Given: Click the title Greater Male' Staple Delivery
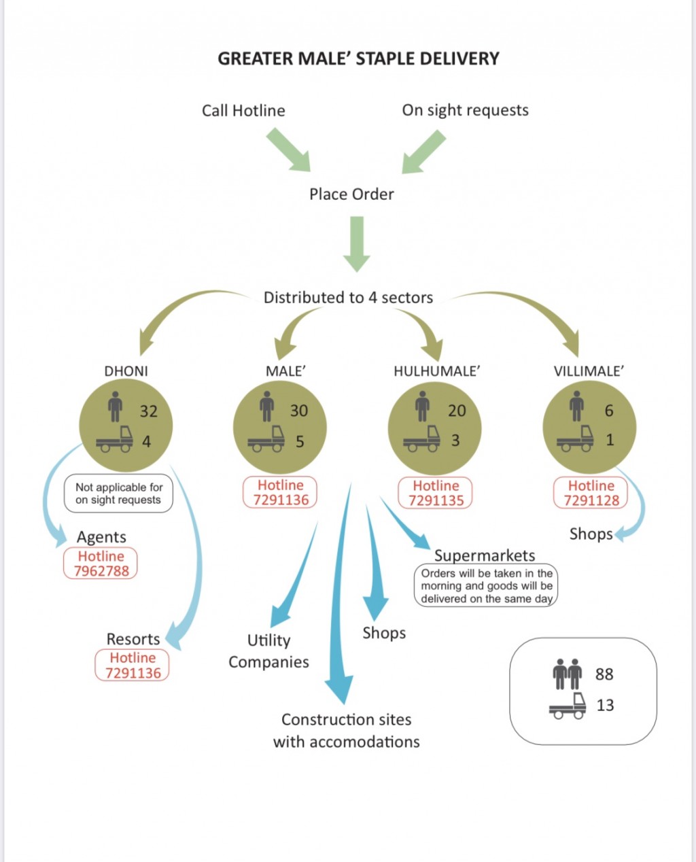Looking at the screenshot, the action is coord(358,58).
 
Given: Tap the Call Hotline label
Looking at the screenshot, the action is coord(243,111).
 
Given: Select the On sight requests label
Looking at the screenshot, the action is coord(466,111).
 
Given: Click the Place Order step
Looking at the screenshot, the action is coord(351,194).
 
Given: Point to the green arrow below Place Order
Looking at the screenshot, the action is coord(357,245).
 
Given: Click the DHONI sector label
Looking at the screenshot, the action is coord(126,371).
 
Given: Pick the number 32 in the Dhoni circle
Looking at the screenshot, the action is coord(148,411).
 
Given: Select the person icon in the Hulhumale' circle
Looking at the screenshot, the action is coord(423,407).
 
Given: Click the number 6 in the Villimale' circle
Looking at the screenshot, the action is coord(609,411).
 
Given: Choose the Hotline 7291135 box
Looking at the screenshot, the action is coord(436,493).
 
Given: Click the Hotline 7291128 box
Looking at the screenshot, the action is coord(591,493).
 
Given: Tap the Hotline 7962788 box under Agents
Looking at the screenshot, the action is coord(101,564).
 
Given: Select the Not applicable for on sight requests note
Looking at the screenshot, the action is coord(118,494).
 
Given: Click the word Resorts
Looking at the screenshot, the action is coord(133,639).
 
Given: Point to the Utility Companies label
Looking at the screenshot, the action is coord(268,651).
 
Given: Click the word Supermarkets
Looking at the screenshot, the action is coord(485,555).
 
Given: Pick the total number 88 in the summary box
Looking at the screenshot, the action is coord(604,674).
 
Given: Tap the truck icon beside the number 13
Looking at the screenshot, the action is coord(568,706).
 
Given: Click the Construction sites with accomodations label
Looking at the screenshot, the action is coord(347,731).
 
